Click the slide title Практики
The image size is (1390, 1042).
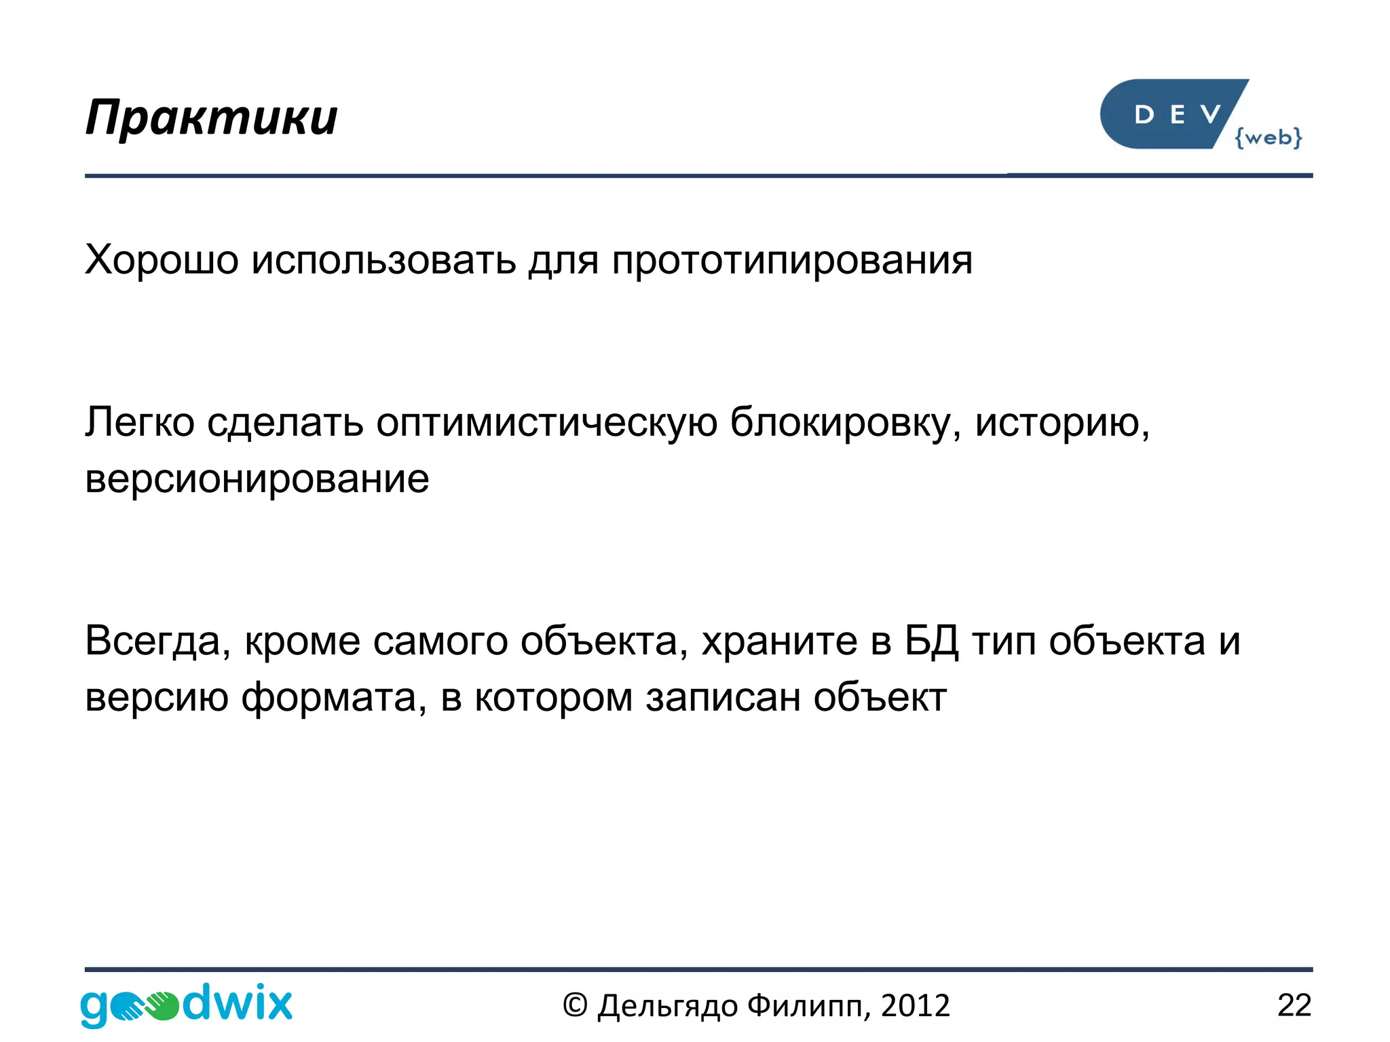211,118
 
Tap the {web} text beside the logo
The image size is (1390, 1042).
1268,138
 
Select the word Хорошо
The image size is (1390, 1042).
162,260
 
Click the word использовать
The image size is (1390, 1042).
383,260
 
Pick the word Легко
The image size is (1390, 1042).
140,423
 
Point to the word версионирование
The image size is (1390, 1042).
257,479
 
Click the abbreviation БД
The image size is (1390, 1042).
931,641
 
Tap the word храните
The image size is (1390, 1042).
779,641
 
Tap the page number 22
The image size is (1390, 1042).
1294,1005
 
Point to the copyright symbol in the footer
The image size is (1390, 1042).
574,1005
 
